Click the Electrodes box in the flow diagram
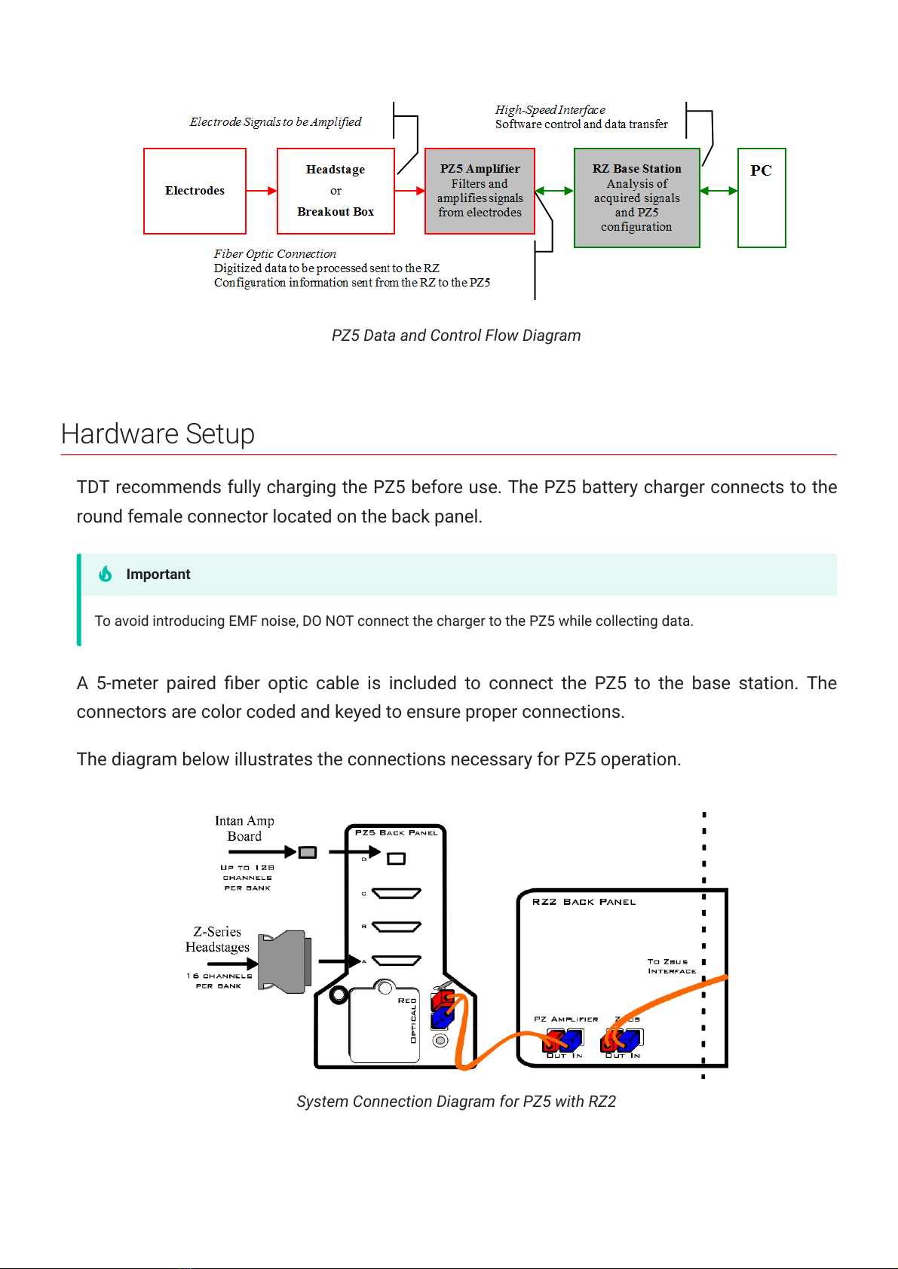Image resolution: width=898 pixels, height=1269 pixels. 195,191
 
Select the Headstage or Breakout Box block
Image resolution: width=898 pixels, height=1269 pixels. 336,191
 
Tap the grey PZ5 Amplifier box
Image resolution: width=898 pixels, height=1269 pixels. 480,191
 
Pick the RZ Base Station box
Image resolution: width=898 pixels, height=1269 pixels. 636,198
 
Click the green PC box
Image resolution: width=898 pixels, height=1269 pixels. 762,198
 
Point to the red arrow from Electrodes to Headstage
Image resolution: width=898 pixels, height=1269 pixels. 262,191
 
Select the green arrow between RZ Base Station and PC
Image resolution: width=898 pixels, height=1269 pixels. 719,191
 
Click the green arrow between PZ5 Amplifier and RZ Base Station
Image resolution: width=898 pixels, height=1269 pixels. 554,191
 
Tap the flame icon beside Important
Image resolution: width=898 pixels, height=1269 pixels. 106,574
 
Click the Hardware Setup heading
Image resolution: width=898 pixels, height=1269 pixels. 158,434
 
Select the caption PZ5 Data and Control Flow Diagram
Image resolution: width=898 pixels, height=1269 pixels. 456,336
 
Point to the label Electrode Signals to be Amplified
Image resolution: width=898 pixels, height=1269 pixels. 275,122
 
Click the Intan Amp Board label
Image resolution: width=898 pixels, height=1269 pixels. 244,828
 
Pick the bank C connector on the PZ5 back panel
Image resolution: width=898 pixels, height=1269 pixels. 396,894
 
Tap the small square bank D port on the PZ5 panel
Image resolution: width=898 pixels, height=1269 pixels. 396,858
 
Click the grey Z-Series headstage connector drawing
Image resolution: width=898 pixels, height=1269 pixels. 285,962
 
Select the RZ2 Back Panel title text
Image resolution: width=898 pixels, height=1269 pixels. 584,902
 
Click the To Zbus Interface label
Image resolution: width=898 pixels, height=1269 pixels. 671,966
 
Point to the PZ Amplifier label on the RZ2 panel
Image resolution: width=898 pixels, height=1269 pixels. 565,1019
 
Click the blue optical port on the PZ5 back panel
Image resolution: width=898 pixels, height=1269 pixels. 442,1019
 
